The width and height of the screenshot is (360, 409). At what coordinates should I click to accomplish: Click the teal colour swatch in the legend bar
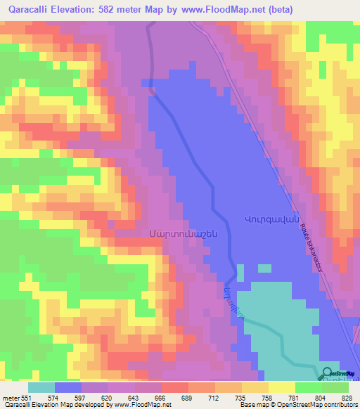[41, 388]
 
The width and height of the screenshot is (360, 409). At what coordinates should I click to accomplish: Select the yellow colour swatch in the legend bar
[282, 388]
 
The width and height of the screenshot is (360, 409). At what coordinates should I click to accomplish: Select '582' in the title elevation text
[115, 10]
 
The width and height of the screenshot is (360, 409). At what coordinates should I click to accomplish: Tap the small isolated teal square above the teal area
[264, 268]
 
